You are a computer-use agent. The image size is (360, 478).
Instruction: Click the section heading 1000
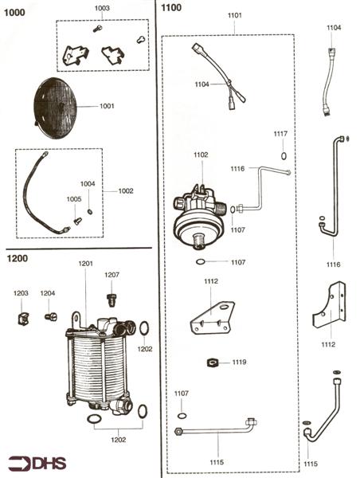pyautogui.click(x=14, y=13)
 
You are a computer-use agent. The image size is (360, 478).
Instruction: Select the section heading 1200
pyautogui.click(x=18, y=258)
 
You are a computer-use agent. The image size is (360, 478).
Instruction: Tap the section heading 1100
pyautogui.click(x=171, y=8)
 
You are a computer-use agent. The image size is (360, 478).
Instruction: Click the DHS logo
pyautogui.click(x=37, y=462)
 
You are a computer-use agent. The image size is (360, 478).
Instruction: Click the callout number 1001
pyautogui.click(x=107, y=106)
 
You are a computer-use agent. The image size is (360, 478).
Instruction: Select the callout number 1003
pyautogui.click(x=102, y=8)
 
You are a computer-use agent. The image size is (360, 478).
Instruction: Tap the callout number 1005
pyautogui.click(x=73, y=198)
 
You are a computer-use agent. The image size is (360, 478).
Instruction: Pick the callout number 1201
pyautogui.click(x=85, y=264)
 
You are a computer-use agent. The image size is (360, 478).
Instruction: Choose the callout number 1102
pyautogui.click(x=201, y=155)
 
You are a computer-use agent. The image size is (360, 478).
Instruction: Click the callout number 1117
pyautogui.click(x=281, y=134)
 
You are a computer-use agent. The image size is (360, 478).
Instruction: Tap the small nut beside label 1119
pyautogui.click(x=213, y=363)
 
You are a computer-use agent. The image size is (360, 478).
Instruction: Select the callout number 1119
pyautogui.click(x=240, y=362)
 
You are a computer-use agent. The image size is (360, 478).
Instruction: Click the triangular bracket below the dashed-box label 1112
pyautogui.click(x=212, y=318)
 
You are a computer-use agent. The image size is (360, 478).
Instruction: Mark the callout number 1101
pyautogui.click(x=235, y=15)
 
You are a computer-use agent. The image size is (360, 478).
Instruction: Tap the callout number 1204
pyautogui.click(x=48, y=293)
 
